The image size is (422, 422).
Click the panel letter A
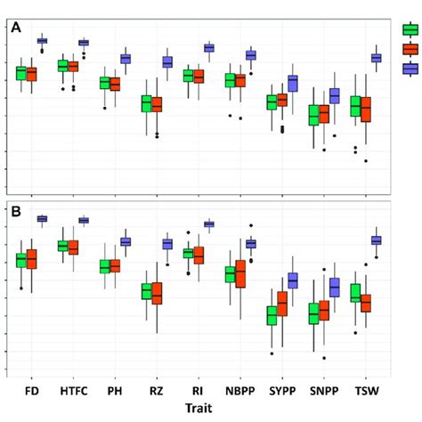(x=16, y=28)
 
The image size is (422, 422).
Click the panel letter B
(x=16, y=213)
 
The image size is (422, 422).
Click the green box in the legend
(x=410, y=29)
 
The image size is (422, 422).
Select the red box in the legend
(x=410, y=49)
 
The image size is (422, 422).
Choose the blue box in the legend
(x=410, y=69)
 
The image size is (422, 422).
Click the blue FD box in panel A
(x=42, y=41)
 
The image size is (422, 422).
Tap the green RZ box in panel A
(x=147, y=104)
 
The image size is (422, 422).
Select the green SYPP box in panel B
(x=272, y=316)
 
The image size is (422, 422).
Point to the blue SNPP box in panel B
(x=335, y=288)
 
